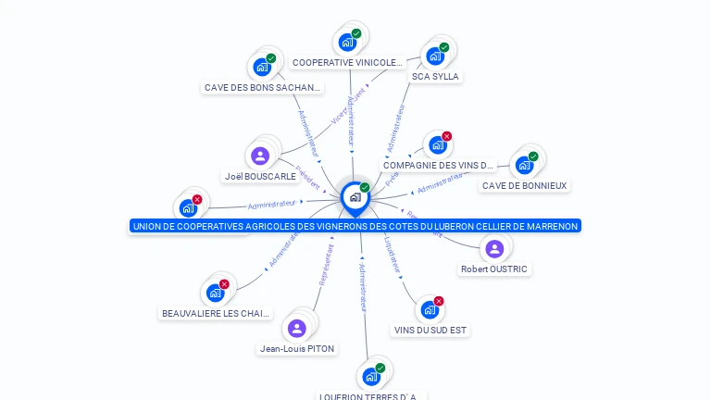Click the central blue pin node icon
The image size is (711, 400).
click(x=354, y=196)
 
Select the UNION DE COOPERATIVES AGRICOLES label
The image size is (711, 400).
click(x=355, y=226)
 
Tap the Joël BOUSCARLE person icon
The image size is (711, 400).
click(x=260, y=156)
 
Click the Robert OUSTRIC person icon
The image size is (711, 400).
click(x=494, y=248)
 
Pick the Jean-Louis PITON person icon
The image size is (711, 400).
click(x=296, y=328)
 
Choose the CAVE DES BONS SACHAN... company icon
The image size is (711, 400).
click(x=262, y=67)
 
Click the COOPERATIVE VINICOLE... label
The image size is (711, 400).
click(x=347, y=63)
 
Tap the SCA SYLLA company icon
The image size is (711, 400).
click(x=435, y=56)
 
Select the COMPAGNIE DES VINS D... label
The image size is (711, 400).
click(x=439, y=166)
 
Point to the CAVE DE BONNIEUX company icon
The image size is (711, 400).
click(x=524, y=165)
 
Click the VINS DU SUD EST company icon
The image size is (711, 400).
click(x=429, y=309)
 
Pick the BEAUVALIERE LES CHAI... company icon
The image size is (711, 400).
click(x=216, y=293)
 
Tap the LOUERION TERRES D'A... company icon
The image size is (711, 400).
click(x=371, y=376)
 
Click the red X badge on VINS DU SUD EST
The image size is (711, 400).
click(x=439, y=301)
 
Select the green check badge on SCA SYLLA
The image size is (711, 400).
click(x=444, y=47)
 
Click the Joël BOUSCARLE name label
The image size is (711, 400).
click(x=260, y=176)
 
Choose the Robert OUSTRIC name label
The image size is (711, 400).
click(x=494, y=269)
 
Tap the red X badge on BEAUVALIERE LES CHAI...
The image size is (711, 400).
click(x=224, y=284)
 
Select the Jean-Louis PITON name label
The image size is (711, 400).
click(x=297, y=349)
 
